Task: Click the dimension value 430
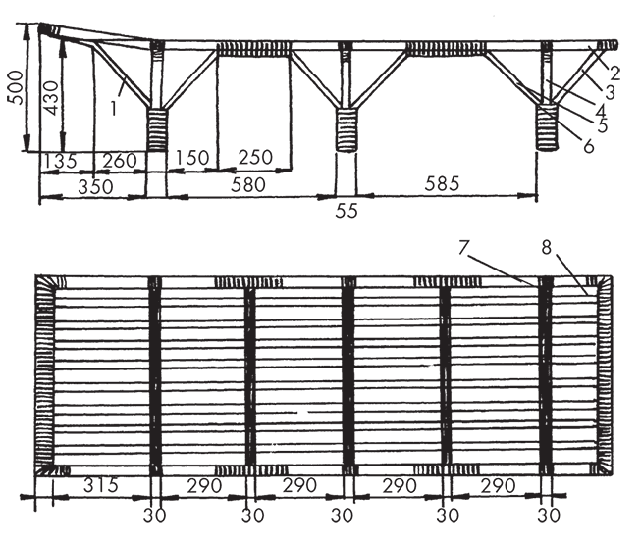pyautogui.click(x=51, y=98)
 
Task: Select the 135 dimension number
pyautogui.click(x=60, y=161)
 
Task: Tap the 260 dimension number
pyautogui.click(x=120, y=160)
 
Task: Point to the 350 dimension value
pyautogui.click(x=95, y=187)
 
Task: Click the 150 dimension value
pyautogui.click(x=192, y=157)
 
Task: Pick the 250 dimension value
pyautogui.click(x=255, y=157)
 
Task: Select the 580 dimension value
pyautogui.click(x=248, y=184)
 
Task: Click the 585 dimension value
pyautogui.click(x=442, y=183)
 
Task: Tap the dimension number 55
pyautogui.click(x=347, y=211)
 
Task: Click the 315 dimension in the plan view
pyautogui.click(x=100, y=485)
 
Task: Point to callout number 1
pyautogui.click(x=114, y=108)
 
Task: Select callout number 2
pyautogui.click(x=614, y=74)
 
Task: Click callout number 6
pyautogui.click(x=588, y=146)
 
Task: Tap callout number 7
pyautogui.click(x=462, y=247)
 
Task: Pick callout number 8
pyautogui.click(x=547, y=247)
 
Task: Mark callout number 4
pyautogui.click(x=600, y=111)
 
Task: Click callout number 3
pyautogui.click(x=610, y=92)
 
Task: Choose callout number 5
pyautogui.click(x=602, y=125)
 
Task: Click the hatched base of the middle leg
pyautogui.click(x=347, y=130)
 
